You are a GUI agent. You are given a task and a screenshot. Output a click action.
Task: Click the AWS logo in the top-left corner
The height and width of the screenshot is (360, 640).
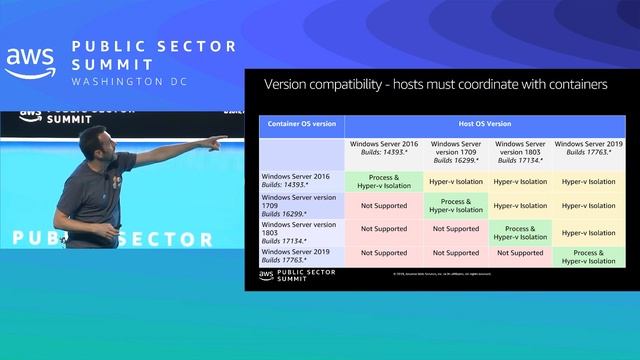click(29, 63)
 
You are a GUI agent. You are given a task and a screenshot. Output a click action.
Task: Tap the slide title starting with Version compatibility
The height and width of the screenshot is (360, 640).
click(435, 85)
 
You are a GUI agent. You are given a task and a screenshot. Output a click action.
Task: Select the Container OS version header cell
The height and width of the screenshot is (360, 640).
click(301, 126)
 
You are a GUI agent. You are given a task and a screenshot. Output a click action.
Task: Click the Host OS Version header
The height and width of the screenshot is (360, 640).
click(484, 126)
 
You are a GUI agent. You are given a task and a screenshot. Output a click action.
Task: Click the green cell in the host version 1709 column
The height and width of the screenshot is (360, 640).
click(455, 205)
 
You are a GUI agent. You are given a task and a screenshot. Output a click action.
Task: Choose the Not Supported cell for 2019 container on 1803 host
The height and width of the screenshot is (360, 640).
click(519, 254)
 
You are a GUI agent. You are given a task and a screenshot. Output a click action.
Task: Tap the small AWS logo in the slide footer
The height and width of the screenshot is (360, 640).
click(267, 275)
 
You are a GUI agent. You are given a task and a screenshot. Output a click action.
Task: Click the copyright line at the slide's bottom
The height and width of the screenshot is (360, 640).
click(440, 273)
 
